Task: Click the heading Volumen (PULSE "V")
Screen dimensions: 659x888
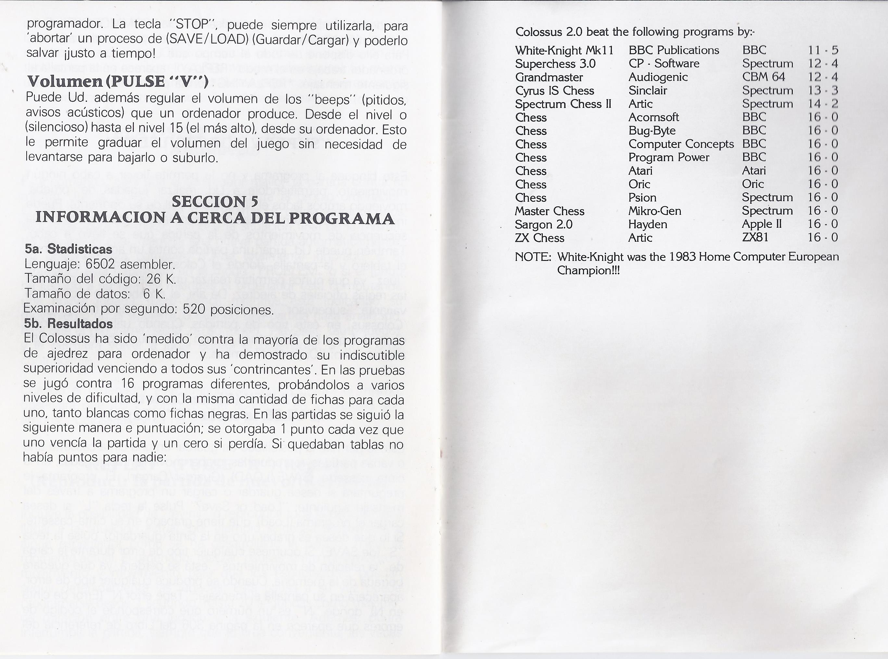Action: (x=118, y=81)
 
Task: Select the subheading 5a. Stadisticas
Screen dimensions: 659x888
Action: (x=68, y=249)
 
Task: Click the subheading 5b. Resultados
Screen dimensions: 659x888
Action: (x=68, y=324)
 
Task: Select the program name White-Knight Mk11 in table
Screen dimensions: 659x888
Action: (x=564, y=51)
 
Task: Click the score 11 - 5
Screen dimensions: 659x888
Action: (x=823, y=51)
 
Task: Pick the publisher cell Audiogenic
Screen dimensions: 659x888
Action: (x=658, y=77)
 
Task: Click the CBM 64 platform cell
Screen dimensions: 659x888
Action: (x=763, y=77)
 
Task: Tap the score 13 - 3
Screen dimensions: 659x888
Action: (x=823, y=91)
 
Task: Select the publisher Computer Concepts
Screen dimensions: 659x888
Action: (x=681, y=144)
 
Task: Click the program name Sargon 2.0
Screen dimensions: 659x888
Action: (x=543, y=225)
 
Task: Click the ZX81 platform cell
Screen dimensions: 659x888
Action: (x=755, y=238)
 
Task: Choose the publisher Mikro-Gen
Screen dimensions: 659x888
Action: (x=654, y=211)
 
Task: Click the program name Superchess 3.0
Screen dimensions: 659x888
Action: (x=555, y=64)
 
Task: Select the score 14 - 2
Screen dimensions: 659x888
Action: (x=823, y=104)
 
